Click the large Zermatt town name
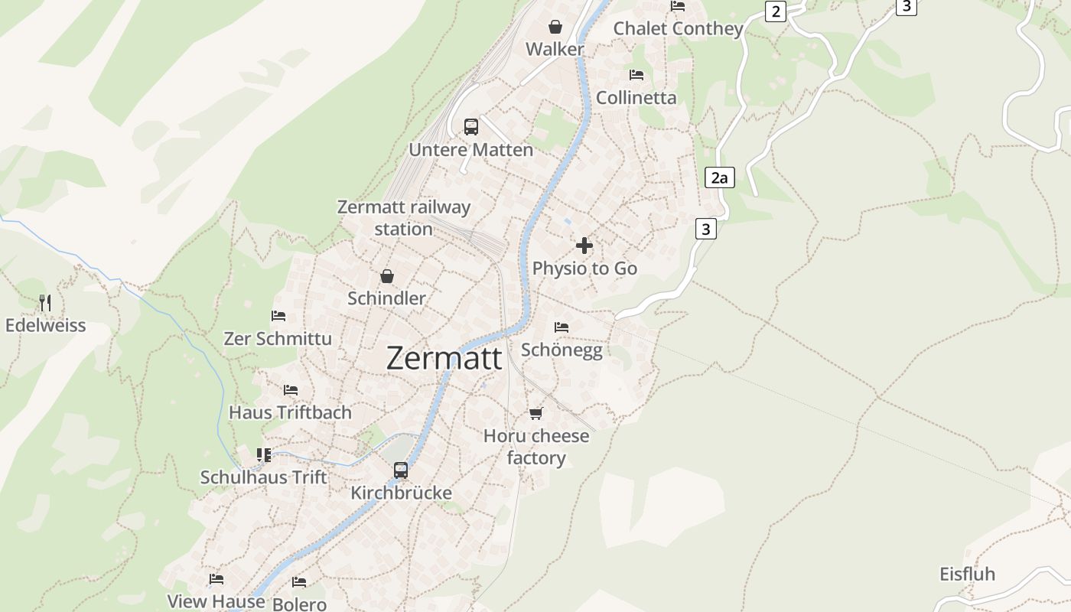(444, 358)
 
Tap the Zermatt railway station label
(404, 217)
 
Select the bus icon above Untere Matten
(471, 126)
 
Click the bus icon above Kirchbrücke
(401, 470)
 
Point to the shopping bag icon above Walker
(555, 27)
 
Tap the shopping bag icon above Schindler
(387, 275)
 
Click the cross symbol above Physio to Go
(584, 246)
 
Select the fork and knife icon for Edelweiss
(45, 303)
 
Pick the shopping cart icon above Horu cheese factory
(536, 413)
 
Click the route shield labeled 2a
(719, 178)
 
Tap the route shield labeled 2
(776, 11)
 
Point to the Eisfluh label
(968, 575)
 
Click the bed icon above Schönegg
(562, 327)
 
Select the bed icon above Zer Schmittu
(278, 315)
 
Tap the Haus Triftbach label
(291, 412)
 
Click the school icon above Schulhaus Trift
(264, 455)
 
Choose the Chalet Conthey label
(679, 28)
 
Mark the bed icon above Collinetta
(636, 75)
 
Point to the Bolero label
(299, 604)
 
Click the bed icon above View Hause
(216, 578)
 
